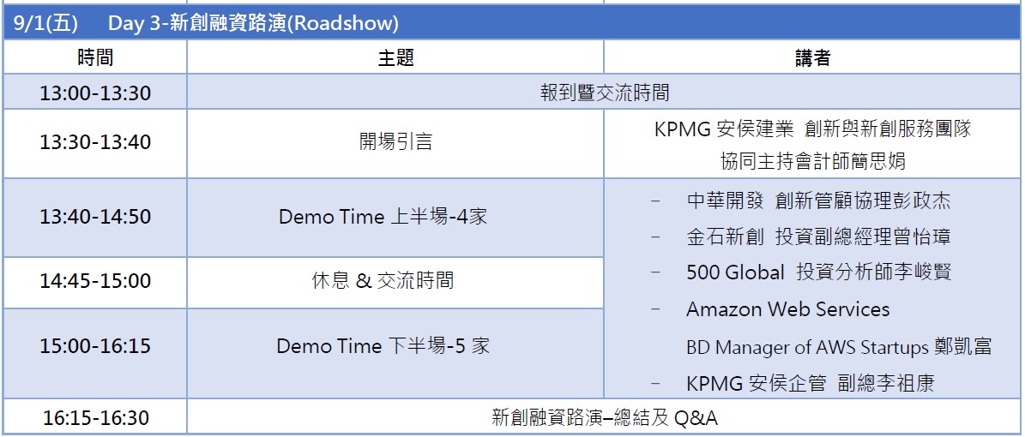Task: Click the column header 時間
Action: tap(95, 58)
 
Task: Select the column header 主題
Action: tap(395, 58)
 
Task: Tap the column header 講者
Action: tap(812, 58)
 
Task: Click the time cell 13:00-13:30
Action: tap(95, 93)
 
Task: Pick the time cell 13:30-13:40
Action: tap(95, 143)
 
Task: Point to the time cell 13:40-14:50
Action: tap(95, 217)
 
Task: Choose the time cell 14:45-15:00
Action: tap(95, 282)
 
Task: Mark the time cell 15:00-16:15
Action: tap(95, 346)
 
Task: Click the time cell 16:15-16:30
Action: tap(95, 417)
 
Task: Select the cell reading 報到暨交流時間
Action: tap(605, 93)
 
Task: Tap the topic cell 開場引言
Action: tap(395, 141)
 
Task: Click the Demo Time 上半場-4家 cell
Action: tap(383, 216)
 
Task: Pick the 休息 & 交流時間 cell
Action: tap(383, 282)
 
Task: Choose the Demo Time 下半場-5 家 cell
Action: tap(383, 345)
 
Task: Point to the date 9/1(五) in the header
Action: tap(45, 24)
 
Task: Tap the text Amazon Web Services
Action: tap(787, 309)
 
